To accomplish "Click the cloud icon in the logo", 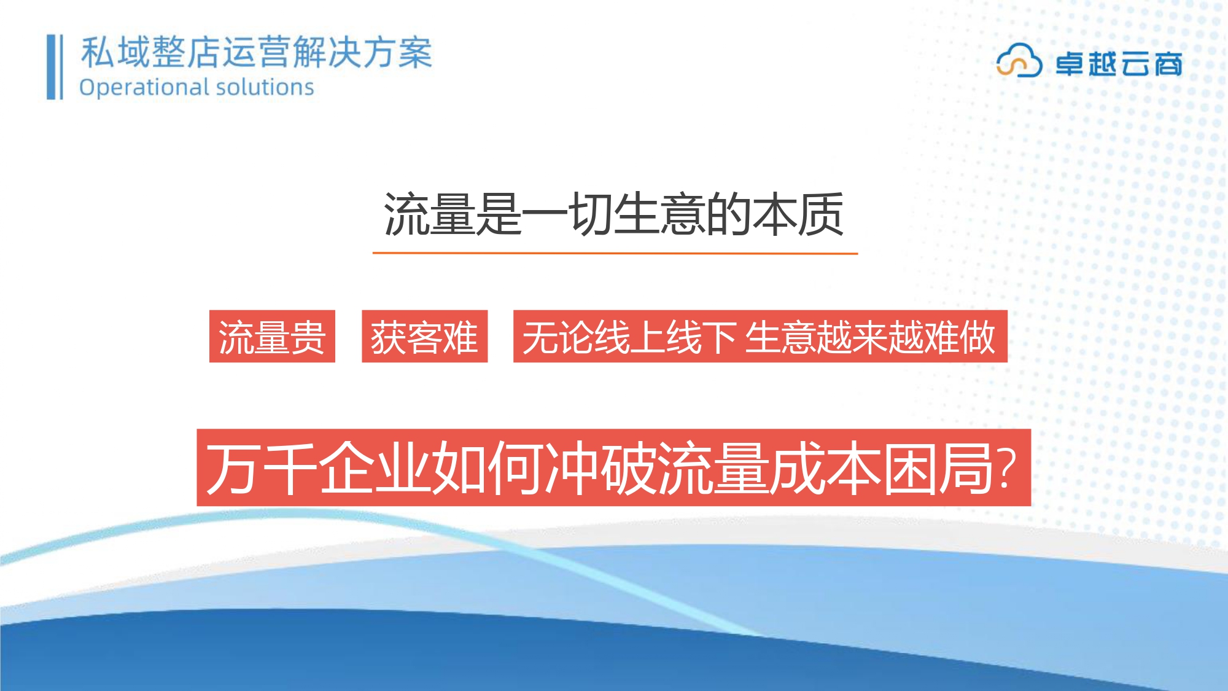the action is pyautogui.click(x=1019, y=60).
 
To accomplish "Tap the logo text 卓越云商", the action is pyautogui.click(x=1119, y=64).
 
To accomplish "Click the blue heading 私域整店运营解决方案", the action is pyautogui.click(x=257, y=52).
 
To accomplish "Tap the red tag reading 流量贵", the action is pyautogui.click(x=272, y=337).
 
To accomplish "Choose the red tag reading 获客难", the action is pyautogui.click(x=424, y=337).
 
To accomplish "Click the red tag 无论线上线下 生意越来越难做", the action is pyautogui.click(x=760, y=337).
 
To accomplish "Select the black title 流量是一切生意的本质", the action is pyautogui.click(x=614, y=214).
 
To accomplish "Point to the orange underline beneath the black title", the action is pyautogui.click(x=615, y=252).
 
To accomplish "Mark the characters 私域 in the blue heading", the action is pyautogui.click(x=115, y=52).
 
